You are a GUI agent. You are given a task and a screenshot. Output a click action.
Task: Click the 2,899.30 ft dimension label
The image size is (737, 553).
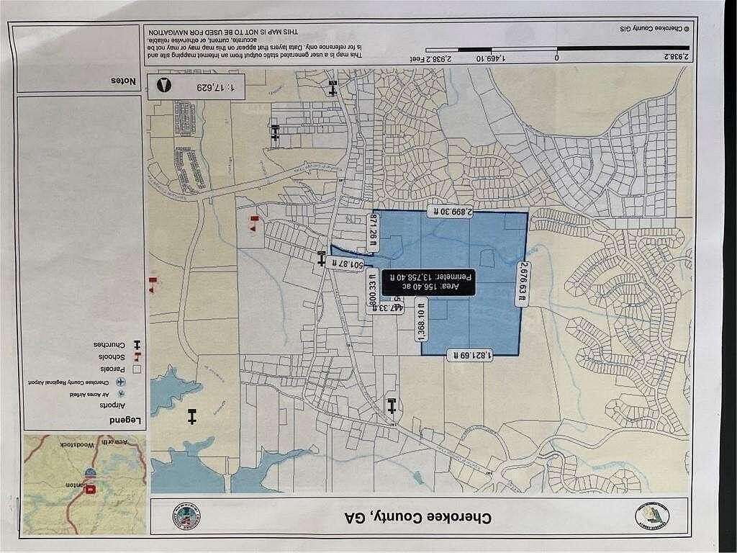click(x=450, y=211)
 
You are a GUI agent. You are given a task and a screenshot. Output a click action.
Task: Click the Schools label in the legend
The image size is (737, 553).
click(x=114, y=356)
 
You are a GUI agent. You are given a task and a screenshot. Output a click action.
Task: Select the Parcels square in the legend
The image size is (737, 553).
click(x=135, y=369)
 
